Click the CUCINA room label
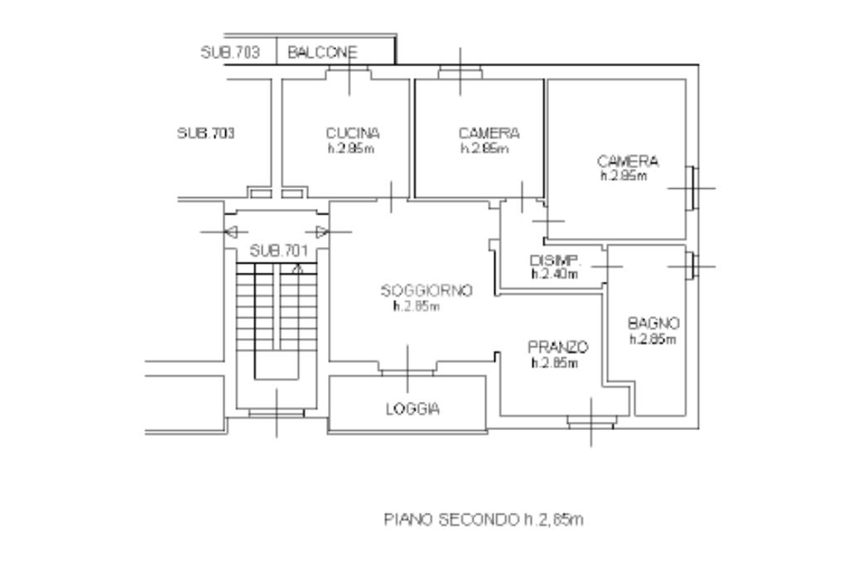[x=353, y=133]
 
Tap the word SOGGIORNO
[x=426, y=291]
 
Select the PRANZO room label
[x=557, y=347]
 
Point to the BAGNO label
[x=653, y=323]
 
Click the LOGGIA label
[x=412, y=409]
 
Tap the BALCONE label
[x=322, y=52]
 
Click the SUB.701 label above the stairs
[x=279, y=251]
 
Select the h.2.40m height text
[x=555, y=274]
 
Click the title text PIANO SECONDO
[x=451, y=520]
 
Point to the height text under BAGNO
[x=653, y=339]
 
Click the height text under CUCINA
[x=351, y=148]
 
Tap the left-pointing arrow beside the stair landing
[x=231, y=232]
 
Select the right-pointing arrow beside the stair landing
[x=322, y=232]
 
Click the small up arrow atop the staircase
[x=297, y=268]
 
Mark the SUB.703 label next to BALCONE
[x=230, y=52]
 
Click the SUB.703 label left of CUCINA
[x=206, y=133]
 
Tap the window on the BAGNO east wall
[x=692, y=266]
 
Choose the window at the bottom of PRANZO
[x=591, y=422]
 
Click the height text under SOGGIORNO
[x=417, y=307]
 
